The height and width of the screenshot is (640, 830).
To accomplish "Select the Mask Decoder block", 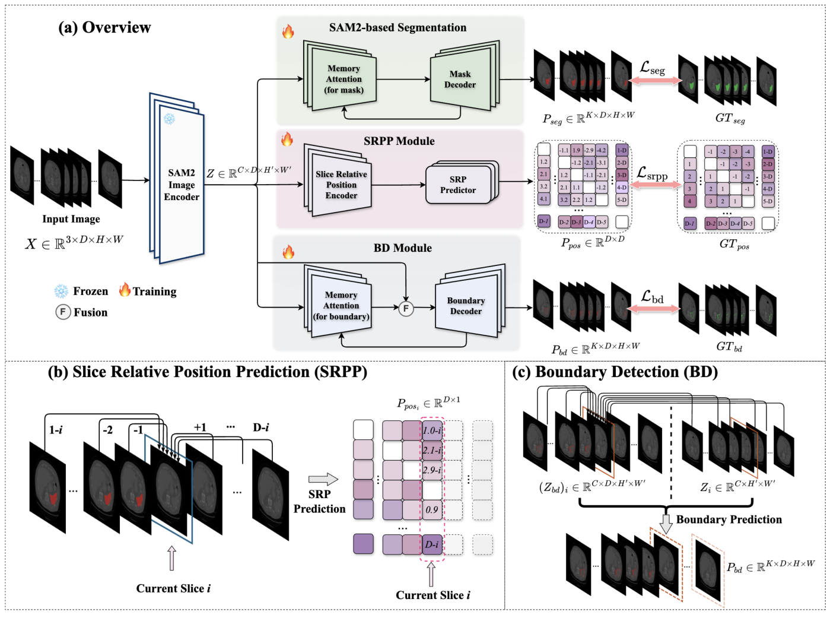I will tap(460, 80).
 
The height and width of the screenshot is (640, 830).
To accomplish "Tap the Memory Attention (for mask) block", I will tap(344, 80).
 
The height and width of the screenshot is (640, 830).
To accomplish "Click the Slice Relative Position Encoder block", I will tap(341, 185).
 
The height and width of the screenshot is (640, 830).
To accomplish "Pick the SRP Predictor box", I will tap(458, 185).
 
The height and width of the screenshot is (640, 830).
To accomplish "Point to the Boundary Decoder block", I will tap(466, 306).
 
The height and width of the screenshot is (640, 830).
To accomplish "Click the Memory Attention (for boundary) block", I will tap(341, 306).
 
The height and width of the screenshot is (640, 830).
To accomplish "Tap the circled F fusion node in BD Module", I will tap(406, 308).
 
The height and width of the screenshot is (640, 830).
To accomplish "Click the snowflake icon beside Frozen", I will tap(61, 292).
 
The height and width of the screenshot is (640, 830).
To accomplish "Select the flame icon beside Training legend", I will tap(125, 290).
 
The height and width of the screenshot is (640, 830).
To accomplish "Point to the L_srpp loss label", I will tap(652, 173).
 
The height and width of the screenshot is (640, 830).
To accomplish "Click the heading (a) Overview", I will tap(104, 27).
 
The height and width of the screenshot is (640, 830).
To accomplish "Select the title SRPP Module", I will tap(399, 141).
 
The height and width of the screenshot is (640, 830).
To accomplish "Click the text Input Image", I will tap(71, 219).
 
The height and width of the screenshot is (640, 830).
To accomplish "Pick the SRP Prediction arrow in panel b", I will tap(323, 479).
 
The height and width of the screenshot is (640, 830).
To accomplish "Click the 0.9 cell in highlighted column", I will tap(432, 510).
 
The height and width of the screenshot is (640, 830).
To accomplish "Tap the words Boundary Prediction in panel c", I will tap(729, 519).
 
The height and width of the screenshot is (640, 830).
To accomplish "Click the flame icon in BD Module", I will tap(288, 252).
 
